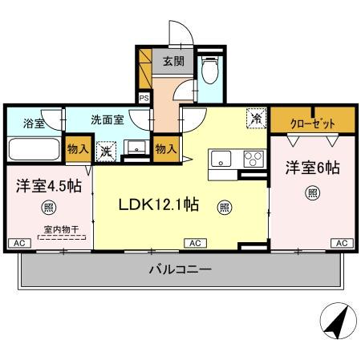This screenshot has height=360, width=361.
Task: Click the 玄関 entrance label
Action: [168, 61]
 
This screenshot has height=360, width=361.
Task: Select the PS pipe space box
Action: [144, 98]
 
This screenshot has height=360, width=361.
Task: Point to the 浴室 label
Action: [33, 123]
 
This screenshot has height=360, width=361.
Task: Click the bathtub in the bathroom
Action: [34, 150]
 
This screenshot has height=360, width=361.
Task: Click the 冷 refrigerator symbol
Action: [256, 118]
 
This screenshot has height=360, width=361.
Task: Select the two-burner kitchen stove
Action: [254, 157]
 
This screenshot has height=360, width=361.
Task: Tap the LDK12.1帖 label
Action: [159, 204]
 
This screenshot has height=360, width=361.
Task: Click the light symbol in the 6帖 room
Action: [311, 193]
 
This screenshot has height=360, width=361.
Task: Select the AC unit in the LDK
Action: [195, 242]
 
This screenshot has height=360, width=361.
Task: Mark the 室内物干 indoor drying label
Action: [55, 229]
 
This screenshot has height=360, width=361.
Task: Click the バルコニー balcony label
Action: [179, 270]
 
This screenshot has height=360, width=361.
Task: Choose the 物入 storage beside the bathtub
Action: [77, 149]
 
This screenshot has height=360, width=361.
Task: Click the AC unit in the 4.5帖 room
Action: [17, 242]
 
